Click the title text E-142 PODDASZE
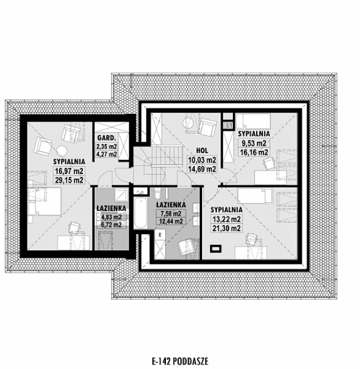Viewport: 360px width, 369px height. (x=179, y=360)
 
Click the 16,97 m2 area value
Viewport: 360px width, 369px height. (x=69, y=171)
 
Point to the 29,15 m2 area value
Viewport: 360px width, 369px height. (x=69, y=180)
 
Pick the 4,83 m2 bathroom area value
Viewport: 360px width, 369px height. (x=110, y=217)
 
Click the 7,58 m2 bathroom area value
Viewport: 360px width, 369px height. (x=169, y=213)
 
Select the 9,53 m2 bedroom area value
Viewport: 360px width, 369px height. (x=253, y=144)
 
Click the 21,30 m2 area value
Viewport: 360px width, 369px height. (x=227, y=228)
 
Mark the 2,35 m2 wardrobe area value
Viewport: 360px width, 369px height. (x=106, y=146)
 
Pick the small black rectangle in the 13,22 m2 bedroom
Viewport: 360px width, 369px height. (x=216, y=247)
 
